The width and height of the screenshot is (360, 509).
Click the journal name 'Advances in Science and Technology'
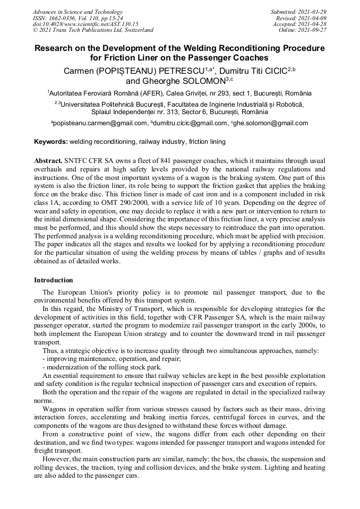(78, 12)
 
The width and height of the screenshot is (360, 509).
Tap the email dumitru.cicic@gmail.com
(190, 123)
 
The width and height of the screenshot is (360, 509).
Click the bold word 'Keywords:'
(51, 142)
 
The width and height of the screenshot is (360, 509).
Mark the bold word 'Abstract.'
(48, 160)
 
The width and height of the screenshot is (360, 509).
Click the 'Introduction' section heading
(54, 280)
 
